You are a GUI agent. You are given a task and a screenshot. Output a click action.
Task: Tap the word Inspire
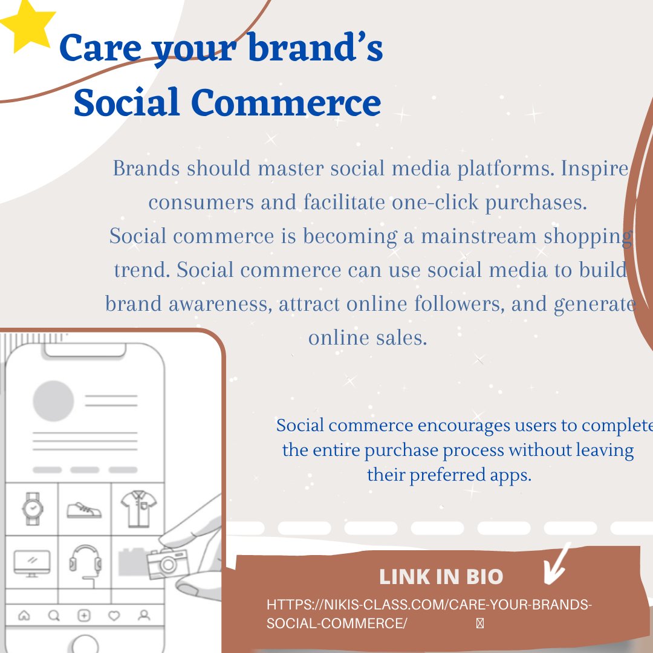point(595,169)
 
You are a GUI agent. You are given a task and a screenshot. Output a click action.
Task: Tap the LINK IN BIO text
point(441,577)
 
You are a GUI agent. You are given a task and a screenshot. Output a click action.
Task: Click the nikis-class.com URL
point(429,614)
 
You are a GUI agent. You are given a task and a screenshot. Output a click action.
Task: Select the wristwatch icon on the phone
point(32,508)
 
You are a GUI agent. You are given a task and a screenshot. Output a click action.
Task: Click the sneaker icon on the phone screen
point(84,510)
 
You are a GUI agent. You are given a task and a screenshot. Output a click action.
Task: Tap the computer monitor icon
point(32,562)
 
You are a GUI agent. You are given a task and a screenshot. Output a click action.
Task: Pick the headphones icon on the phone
point(84,561)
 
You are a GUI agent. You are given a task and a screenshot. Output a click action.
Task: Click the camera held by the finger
point(167,564)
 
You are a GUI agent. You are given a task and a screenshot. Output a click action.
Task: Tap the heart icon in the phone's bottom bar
point(114,616)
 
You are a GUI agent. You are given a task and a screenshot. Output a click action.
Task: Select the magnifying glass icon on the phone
point(54,616)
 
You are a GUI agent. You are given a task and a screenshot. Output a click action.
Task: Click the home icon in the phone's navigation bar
point(25,616)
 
